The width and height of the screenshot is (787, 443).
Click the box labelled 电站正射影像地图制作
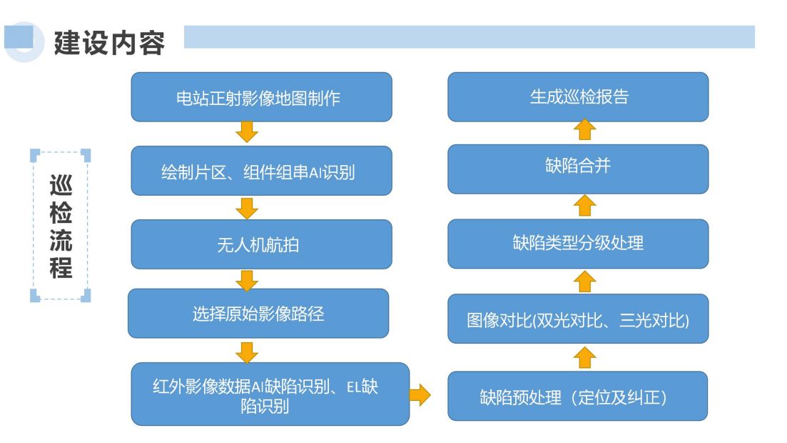[x=261, y=97]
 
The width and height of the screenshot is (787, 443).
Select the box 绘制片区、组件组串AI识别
[x=261, y=171]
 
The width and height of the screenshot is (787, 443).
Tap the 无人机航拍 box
[x=261, y=244]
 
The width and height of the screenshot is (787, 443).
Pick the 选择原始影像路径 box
[x=258, y=313]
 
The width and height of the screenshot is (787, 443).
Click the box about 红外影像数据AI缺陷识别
[x=270, y=394]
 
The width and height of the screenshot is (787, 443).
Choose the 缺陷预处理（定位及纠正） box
[x=578, y=397]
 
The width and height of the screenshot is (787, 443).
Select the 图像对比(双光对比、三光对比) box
[x=578, y=319]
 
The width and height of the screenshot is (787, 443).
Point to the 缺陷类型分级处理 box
[x=578, y=244]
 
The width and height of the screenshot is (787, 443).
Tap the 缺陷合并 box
[x=578, y=169]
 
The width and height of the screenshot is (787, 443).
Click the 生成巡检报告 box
[x=578, y=97]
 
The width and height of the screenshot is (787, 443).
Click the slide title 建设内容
[x=109, y=43]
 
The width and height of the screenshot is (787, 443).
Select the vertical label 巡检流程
[x=61, y=227]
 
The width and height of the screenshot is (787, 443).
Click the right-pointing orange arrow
[x=420, y=394]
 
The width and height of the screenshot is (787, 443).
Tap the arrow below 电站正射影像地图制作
[x=247, y=131]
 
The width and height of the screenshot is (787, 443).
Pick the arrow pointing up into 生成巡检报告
[x=585, y=130]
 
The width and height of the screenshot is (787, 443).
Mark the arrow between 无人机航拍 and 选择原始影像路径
[x=247, y=281]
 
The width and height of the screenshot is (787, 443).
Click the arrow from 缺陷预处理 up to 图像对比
[x=585, y=357]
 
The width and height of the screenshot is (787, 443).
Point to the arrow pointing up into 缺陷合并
[x=585, y=205]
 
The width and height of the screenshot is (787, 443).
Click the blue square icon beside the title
[x=19, y=36]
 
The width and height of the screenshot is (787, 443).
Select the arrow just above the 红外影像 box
[x=247, y=352]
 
